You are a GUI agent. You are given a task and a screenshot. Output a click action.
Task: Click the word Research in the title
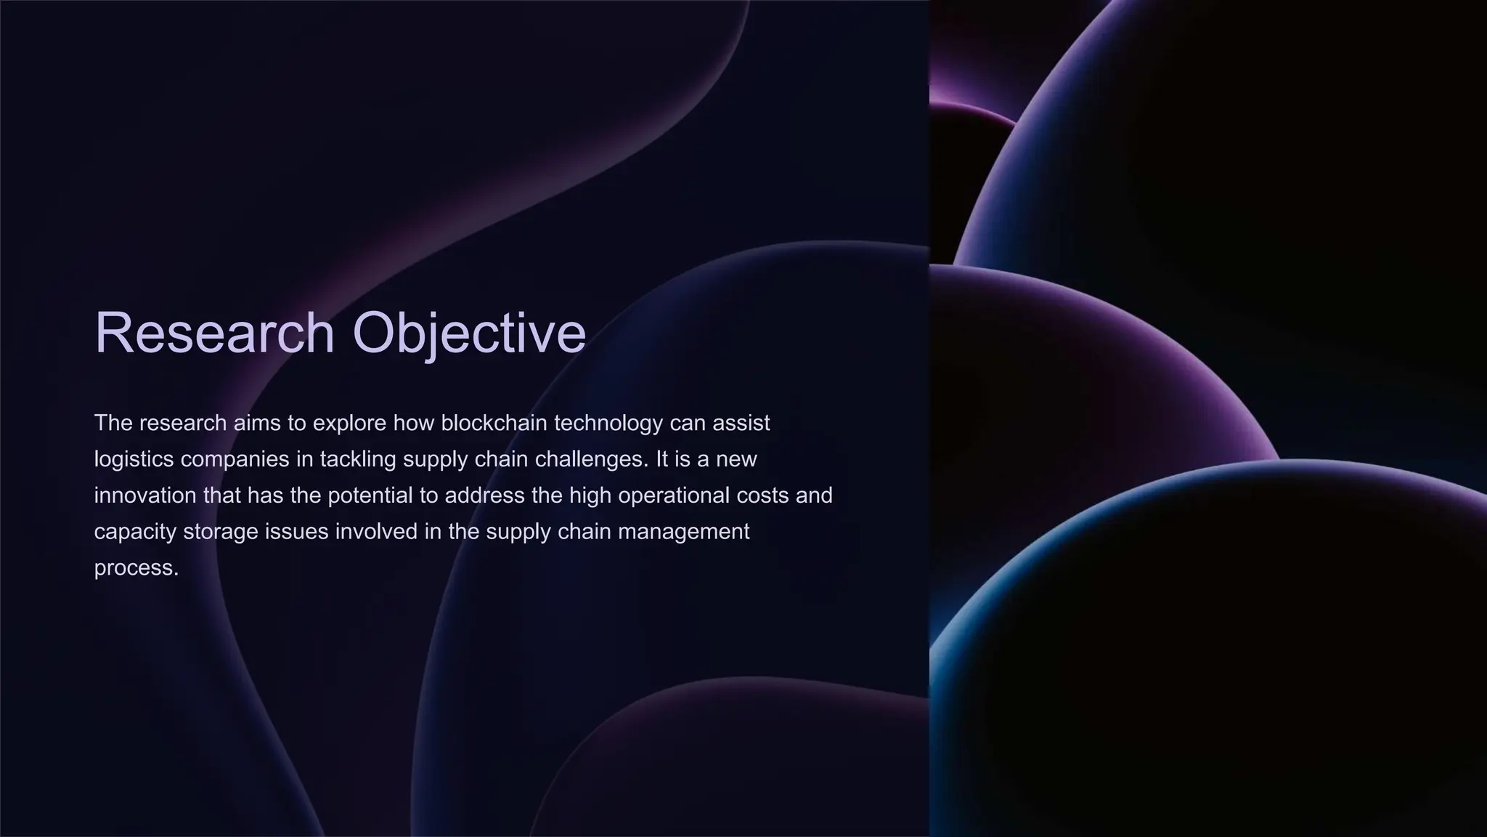tap(214, 333)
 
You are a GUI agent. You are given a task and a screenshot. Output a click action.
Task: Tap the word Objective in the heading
tap(469, 333)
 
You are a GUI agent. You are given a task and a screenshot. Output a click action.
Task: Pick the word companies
tap(235, 459)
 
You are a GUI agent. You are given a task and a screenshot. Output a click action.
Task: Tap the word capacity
tap(135, 532)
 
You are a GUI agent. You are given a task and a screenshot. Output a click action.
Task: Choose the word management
tap(683, 532)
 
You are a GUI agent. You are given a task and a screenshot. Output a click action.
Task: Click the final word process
tap(136, 568)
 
